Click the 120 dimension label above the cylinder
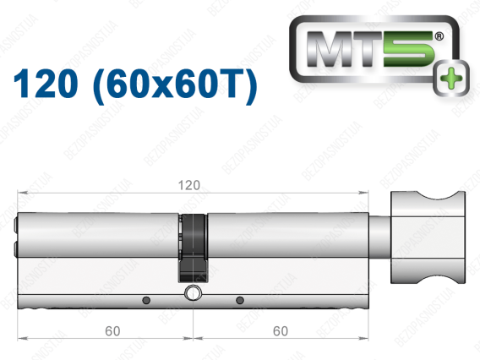coord(189,185)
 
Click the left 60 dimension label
coord(112,331)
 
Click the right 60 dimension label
coord(280,331)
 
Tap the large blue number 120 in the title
coord(46,84)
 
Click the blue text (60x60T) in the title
coord(175,85)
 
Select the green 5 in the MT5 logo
coord(408,49)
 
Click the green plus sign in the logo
coord(451,79)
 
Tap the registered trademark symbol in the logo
coord(439,36)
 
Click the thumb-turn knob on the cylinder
coord(428,237)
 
